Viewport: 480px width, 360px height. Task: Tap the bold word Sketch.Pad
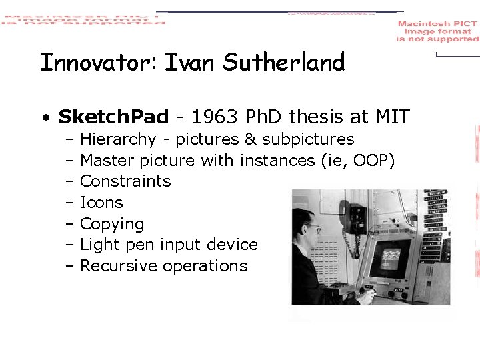coord(113,117)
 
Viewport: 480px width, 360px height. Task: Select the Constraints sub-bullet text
coord(125,181)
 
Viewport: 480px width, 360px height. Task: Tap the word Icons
coord(101,203)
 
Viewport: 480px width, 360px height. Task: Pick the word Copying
coord(112,224)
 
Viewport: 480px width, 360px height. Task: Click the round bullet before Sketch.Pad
coord(45,119)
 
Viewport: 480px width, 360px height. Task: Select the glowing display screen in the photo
coord(391,257)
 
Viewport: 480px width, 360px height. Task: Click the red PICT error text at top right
coord(437,31)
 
